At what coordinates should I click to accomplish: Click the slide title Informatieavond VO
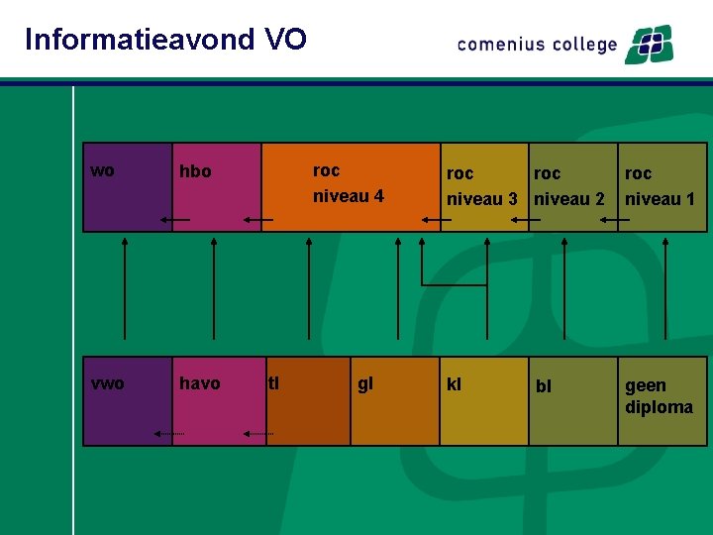(165, 40)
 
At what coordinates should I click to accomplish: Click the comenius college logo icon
(649, 45)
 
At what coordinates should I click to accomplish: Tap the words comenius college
(537, 45)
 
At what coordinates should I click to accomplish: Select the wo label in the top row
(102, 170)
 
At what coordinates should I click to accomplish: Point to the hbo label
(195, 171)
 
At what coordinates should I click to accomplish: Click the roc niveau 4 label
(348, 183)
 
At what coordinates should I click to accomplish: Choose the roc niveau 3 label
(482, 186)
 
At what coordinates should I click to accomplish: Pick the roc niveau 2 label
(569, 186)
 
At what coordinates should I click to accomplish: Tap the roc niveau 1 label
(660, 186)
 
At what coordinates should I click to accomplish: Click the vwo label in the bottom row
(107, 383)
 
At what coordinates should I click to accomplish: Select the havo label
(199, 383)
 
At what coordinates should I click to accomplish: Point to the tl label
(273, 382)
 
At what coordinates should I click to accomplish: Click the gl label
(364, 383)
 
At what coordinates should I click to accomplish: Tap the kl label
(454, 383)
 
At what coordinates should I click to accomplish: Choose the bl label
(544, 385)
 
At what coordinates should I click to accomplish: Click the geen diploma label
(659, 396)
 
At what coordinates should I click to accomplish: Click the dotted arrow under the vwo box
(169, 433)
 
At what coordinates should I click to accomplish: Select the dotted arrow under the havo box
(258, 433)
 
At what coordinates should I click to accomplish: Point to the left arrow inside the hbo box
(175, 219)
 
